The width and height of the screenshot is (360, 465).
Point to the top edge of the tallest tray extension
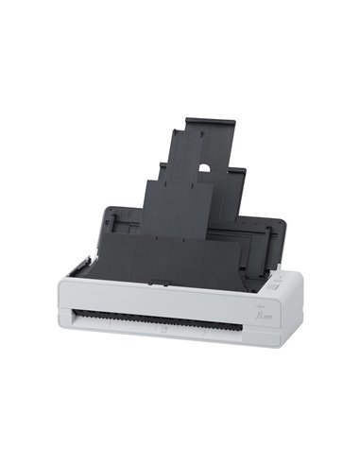click(x=210, y=120)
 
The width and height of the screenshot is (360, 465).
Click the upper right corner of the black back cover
click(x=282, y=224)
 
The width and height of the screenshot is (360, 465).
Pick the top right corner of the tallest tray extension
click(x=234, y=120)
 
